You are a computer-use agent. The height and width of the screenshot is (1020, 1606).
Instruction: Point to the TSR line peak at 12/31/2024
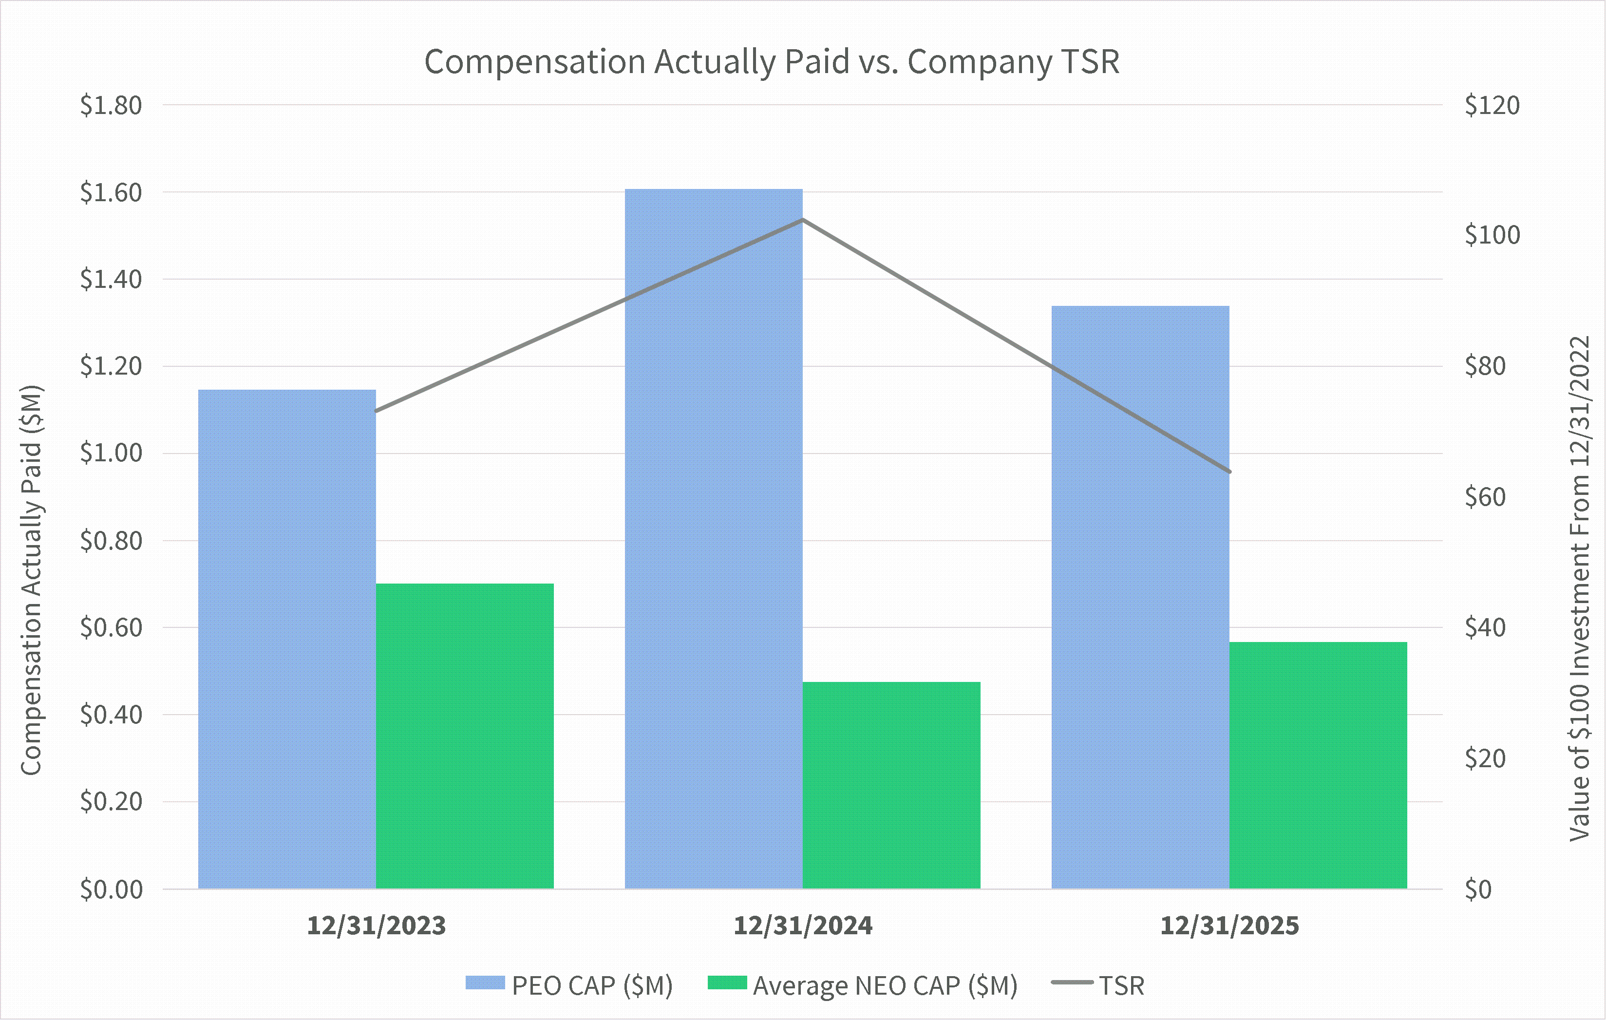(803, 220)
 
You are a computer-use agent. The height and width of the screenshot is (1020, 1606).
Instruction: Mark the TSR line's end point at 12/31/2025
(1229, 472)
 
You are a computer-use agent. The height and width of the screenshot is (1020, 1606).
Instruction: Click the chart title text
(772, 62)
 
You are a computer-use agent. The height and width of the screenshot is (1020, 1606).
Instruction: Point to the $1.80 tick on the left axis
(111, 105)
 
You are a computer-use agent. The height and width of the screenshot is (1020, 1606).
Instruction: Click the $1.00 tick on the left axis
(111, 453)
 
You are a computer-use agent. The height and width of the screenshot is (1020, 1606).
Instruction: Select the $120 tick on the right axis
(1492, 105)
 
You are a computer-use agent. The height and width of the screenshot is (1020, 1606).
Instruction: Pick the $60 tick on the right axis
(1485, 497)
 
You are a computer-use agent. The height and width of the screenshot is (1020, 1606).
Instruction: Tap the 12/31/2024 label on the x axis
(803, 926)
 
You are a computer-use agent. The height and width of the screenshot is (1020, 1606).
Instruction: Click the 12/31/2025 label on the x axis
(1229, 926)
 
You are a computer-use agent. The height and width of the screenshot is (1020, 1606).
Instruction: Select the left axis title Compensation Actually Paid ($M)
(31, 580)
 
